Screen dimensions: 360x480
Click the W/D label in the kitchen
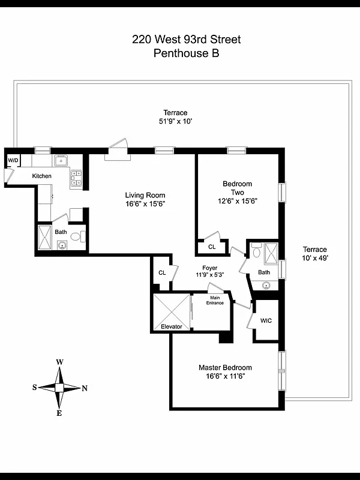click(13, 160)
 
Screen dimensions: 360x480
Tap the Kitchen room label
click(41, 176)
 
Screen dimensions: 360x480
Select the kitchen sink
click(61, 160)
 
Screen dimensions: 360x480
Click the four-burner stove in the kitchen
click(76, 178)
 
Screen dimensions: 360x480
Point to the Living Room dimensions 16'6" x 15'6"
click(145, 204)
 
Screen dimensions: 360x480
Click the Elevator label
click(172, 326)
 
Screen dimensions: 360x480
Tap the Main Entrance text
click(215, 301)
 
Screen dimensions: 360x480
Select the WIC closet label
click(266, 321)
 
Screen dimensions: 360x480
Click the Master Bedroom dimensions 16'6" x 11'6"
click(226, 376)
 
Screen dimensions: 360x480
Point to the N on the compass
click(85, 388)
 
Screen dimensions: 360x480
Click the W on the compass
click(59, 362)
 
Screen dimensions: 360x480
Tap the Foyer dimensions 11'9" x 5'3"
click(209, 275)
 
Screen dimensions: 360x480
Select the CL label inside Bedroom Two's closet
click(212, 247)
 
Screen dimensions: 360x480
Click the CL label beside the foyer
click(162, 272)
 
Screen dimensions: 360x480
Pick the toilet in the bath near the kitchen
click(77, 236)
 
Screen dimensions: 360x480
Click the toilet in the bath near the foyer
click(257, 250)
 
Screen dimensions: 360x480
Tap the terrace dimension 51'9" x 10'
click(175, 121)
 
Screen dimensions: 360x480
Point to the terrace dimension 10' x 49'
click(315, 258)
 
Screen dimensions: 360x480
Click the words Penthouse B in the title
click(186, 53)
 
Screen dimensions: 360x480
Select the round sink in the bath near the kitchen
click(62, 245)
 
